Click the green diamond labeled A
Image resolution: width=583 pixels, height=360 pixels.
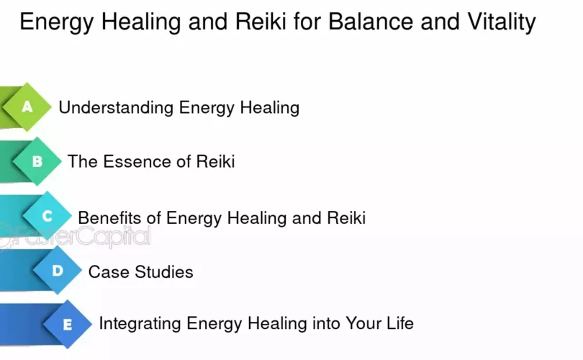(27, 107)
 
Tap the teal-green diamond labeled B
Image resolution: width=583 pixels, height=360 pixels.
(37, 161)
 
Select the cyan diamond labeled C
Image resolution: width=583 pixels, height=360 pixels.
(48, 216)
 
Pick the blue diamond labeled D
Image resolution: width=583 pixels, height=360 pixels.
(58, 271)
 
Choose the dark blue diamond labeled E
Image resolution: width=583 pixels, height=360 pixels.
(68, 324)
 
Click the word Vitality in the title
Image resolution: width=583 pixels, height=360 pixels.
(502, 22)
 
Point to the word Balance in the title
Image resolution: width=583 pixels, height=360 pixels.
(371, 22)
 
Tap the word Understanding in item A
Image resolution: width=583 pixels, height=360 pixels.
(116, 108)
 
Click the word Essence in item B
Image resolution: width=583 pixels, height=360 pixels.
(137, 162)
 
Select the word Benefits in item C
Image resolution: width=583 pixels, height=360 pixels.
(109, 217)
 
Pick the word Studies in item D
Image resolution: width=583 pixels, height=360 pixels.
(164, 272)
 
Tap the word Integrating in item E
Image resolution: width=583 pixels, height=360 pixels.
(140, 323)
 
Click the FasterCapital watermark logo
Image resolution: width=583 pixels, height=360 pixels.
(75, 235)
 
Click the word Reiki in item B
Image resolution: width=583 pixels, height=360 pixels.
(215, 162)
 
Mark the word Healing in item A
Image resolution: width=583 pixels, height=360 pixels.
(270, 108)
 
